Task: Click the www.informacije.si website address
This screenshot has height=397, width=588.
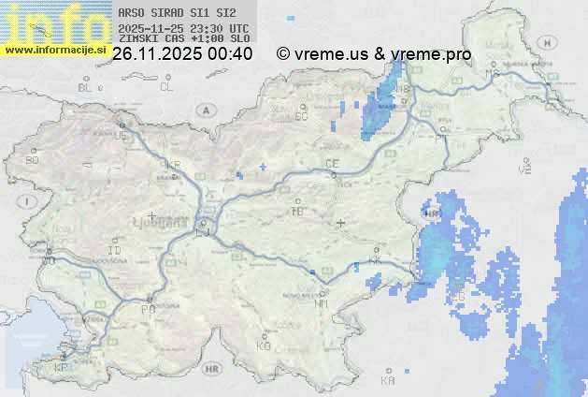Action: (x=56, y=49)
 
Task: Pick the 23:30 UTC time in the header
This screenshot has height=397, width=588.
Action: (x=222, y=28)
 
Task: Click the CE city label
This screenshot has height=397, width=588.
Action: (x=331, y=164)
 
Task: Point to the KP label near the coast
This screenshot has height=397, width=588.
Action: (x=62, y=368)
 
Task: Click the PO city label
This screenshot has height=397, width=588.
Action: (x=147, y=309)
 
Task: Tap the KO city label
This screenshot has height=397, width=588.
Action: (x=264, y=346)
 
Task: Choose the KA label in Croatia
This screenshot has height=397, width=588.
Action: (x=388, y=382)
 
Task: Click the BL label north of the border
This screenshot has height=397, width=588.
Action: (x=86, y=87)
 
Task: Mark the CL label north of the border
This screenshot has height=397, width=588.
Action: (x=166, y=87)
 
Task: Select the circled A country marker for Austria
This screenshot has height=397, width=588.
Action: (x=204, y=110)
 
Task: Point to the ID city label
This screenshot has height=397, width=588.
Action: (x=115, y=252)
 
